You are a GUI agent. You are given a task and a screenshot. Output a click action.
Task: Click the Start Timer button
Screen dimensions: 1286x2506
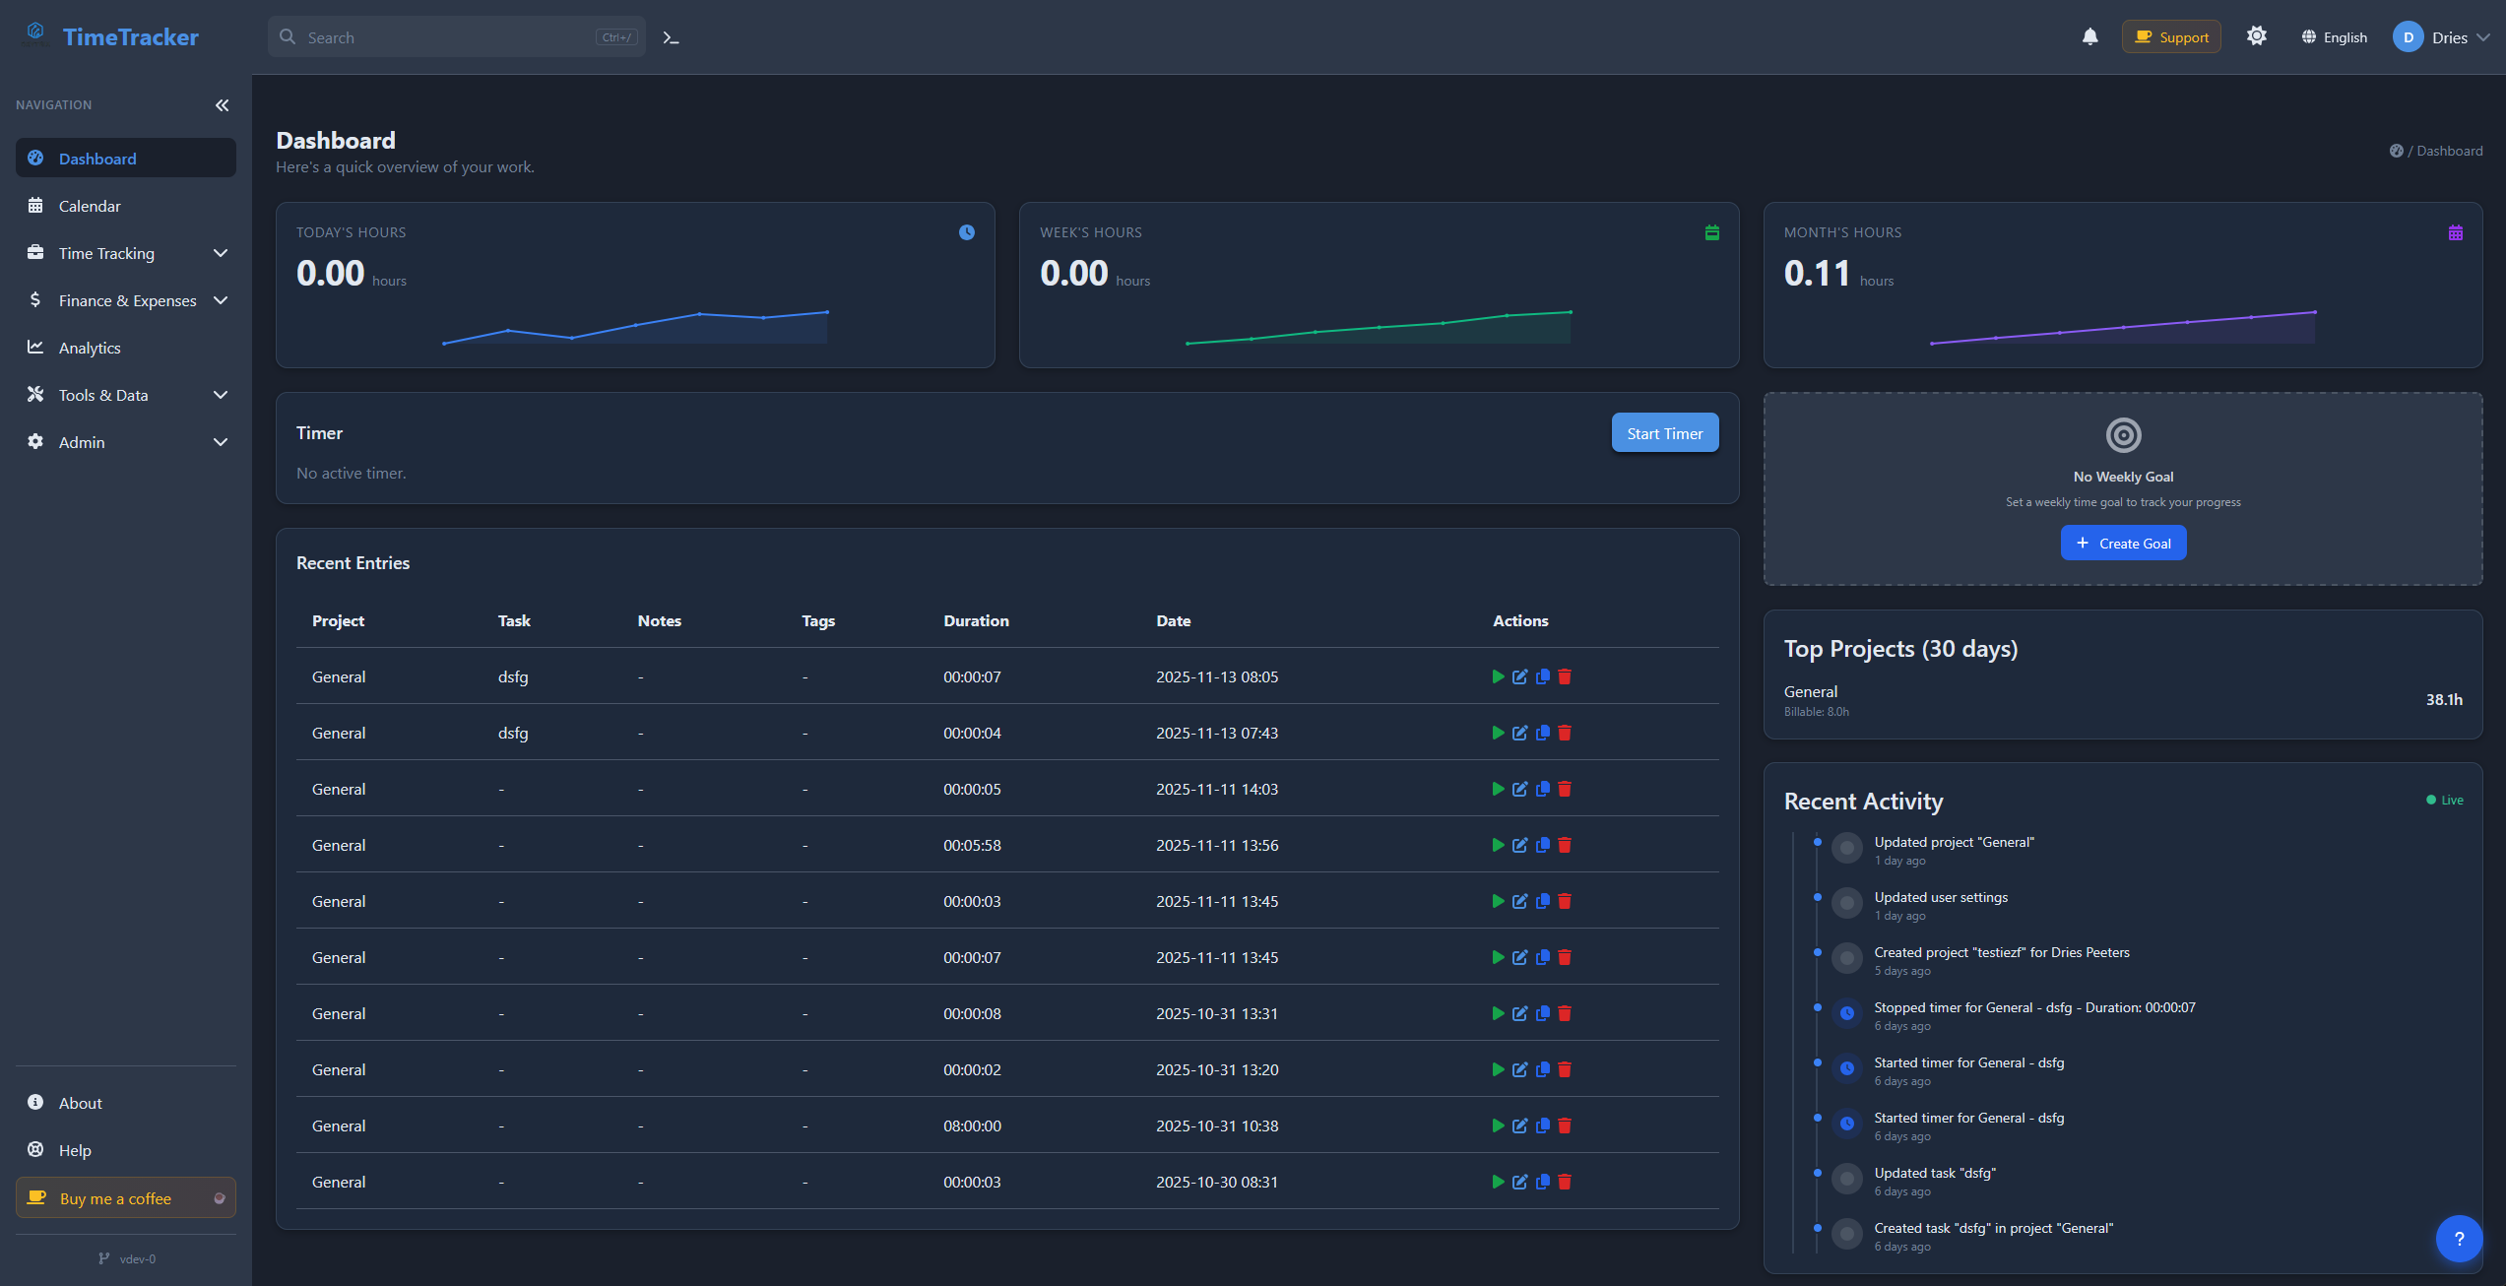tap(1664, 433)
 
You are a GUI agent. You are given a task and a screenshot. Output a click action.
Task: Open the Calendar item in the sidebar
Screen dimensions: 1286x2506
tap(90, 206)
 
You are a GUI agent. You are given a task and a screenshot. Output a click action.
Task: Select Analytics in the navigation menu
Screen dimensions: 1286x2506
tap(90, 348)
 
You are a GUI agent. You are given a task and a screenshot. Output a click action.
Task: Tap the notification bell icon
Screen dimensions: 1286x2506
tap(2089, 37)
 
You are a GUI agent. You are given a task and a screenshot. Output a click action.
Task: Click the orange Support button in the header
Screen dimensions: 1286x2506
tap(2170, 37)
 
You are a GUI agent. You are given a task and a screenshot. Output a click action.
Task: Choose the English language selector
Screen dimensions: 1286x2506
tap(2334, 37)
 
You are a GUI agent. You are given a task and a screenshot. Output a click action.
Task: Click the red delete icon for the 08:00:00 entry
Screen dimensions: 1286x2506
tap(1565, 1125)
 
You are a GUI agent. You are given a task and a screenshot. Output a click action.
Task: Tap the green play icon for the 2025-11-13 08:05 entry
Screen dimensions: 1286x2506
tap(1498, 676)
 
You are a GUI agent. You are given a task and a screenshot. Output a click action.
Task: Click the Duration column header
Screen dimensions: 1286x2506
tap(976, 620)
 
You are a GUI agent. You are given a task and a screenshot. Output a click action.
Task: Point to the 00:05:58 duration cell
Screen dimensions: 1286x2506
tap(972, 845)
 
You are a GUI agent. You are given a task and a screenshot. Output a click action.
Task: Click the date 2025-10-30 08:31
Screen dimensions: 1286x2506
tap(1217, 1182)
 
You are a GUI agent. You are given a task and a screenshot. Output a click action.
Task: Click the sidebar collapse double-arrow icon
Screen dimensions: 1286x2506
tap(223, 105)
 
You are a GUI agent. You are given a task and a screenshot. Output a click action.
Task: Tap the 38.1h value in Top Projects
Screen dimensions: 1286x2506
tap(2443, 699)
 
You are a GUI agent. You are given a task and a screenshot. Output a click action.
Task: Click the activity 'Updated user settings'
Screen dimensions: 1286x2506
tap(1940, 897)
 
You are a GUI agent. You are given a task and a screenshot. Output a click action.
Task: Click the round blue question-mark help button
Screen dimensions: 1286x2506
tap(2459, 1239)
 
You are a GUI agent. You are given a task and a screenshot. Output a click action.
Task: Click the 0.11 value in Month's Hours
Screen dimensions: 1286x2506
tap(1817, 273)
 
